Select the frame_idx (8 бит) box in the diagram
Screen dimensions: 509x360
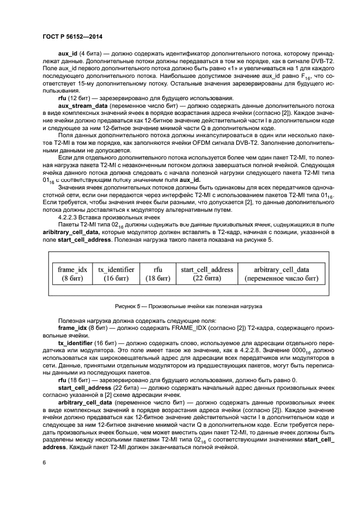[72, 274]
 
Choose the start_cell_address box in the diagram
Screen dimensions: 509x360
[206, 274]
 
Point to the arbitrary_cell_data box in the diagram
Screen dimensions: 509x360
[281, 274]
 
